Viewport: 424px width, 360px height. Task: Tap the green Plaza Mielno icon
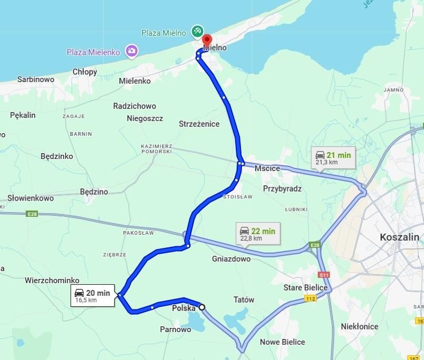(x=197, y=31)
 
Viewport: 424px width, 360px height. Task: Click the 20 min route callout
(x=93, y=296)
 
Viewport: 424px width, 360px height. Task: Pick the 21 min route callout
(x=332, y=157)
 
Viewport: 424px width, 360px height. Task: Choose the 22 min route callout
(x=258, y=234)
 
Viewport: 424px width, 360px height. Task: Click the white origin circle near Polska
(x=201, y=307)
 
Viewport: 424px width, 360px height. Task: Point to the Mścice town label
(x=267, y=168)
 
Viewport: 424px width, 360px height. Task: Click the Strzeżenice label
(x=199, y=124)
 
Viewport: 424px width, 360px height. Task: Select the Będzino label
(x=94, y=192)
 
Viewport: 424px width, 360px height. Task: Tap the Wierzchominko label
(x=52, y=281)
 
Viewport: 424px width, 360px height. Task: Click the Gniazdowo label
(x=231, y=259)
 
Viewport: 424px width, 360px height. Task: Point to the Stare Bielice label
(x=306, y=287)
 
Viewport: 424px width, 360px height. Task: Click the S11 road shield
(x=324, y=275)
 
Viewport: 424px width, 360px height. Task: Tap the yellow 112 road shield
(x=310, y=299)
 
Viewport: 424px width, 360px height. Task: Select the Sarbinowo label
(x=36, y=79)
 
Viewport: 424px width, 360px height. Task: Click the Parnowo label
(x=175, y=329)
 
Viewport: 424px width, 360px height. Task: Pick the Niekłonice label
(x=359, y=326)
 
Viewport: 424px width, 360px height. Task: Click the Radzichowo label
(x=135, y=106)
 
